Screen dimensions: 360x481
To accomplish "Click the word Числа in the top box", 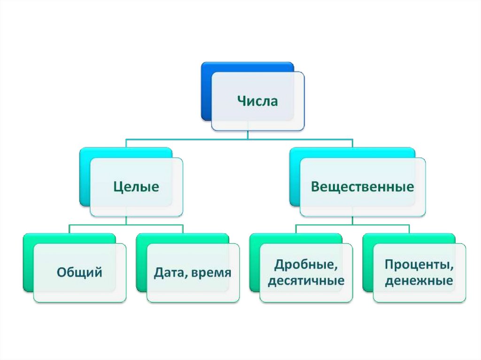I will pyautogui.click(x=257, y=101).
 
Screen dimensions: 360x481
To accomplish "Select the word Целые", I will pyautogui.click(x=136, y=187).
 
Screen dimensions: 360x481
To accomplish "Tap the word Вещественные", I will pyautogui.click(x=362, y=187).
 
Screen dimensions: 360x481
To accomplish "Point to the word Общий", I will pyautogui.click(x=79, y=272).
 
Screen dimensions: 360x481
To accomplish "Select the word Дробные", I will pyautogui.click(x=305, y=265).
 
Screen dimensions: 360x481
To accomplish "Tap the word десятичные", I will pyautogui.click(x=305, y=281).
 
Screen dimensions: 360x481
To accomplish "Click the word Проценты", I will pyautogui.click(x=419, y=265).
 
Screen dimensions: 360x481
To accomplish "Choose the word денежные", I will pyautogui.click(x=419, y=281).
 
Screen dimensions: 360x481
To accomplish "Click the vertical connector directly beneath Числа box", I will pyautogui.click(x=248, y=134).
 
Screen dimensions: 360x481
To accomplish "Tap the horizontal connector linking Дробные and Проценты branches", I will pyautogui.click(x=352, y=225).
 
